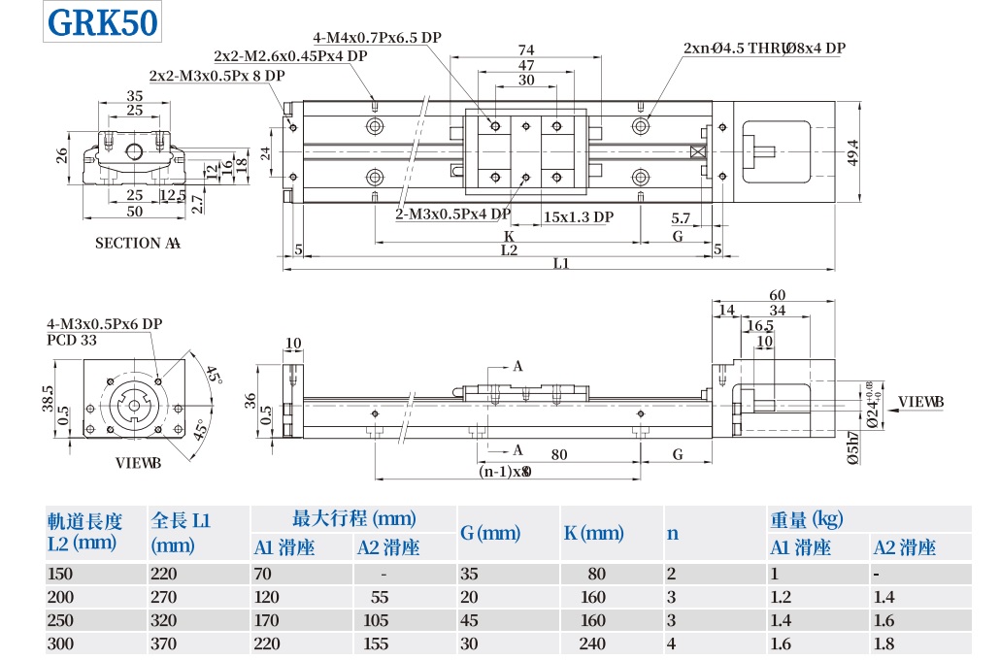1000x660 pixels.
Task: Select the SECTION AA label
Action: pos(137,243)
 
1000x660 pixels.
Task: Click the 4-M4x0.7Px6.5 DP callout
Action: pos(378,38)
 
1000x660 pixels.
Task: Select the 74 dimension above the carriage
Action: pos(526,49)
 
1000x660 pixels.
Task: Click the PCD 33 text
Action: pos(72,340)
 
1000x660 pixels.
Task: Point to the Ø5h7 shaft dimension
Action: pos(853,449)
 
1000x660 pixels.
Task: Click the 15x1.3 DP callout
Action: pos(579,216)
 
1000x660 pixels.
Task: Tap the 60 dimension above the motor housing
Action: pos(777,295)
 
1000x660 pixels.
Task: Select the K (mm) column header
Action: pos(593,533)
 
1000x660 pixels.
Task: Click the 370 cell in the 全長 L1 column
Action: pos(164,643)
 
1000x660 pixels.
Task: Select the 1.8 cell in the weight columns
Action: pos(884,643)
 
